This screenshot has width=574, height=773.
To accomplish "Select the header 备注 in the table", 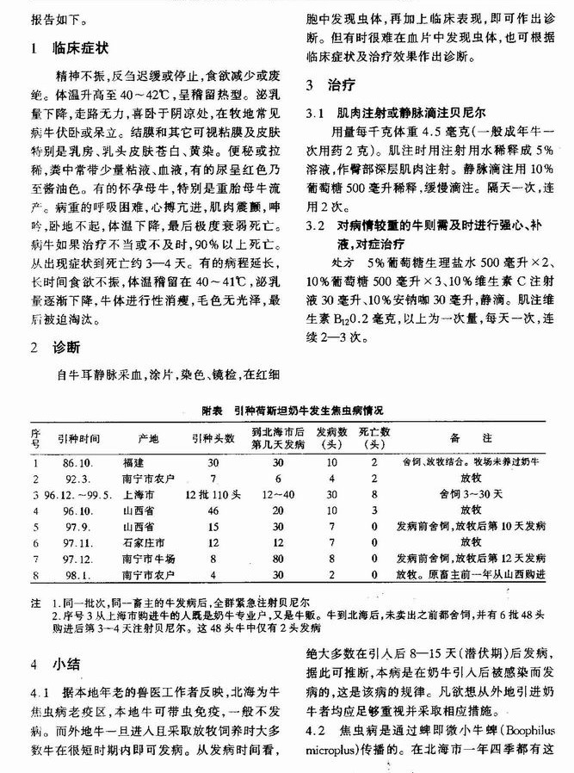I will coord(470,438).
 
